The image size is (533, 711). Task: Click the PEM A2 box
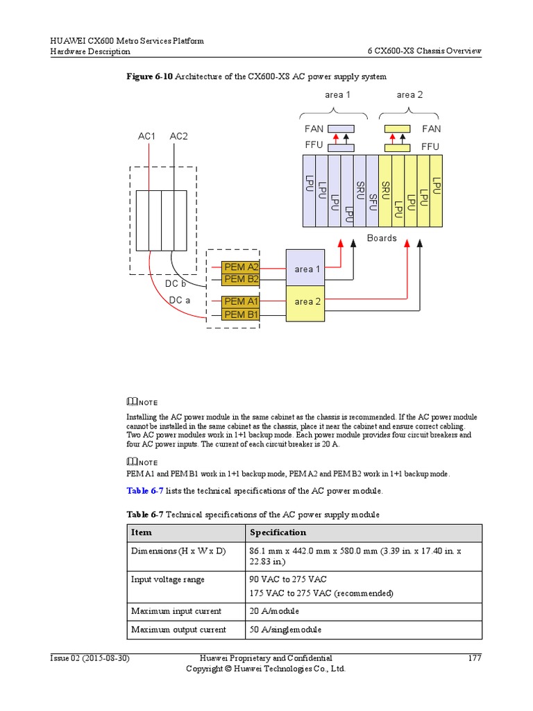pos(241,267)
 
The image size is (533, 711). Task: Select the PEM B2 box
pos(241,279)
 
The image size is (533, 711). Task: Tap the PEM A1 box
pos(241,301)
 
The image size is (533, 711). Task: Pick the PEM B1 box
pos(241,315)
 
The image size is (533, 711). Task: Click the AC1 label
pos(146,136)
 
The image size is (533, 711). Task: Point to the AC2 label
pos(178,136)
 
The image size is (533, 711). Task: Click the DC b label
pos(175,284)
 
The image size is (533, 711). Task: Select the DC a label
pos(179,300)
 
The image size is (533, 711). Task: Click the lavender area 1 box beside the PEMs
pos(305,268)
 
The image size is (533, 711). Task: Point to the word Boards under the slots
pos(382,238)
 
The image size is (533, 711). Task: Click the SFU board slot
pos(373,191)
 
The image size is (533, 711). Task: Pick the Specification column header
pos(278,533)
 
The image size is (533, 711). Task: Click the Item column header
pos(142,533)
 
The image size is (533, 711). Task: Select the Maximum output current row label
pos(178,630)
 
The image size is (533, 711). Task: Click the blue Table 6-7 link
pos(144,491)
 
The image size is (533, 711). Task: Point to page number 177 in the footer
pos(474,658)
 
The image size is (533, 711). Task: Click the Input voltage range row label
pos(168,579)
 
